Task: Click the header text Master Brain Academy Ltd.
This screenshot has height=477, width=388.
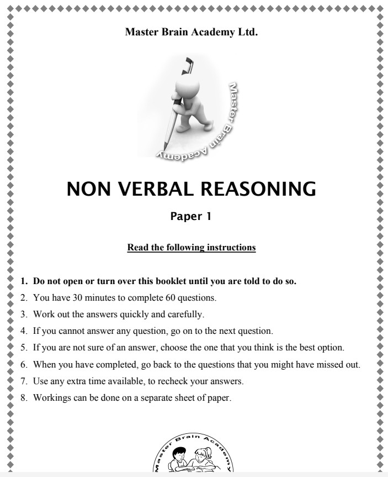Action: (192, 32)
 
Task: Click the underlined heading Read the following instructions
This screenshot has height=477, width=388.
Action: (192, 247)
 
